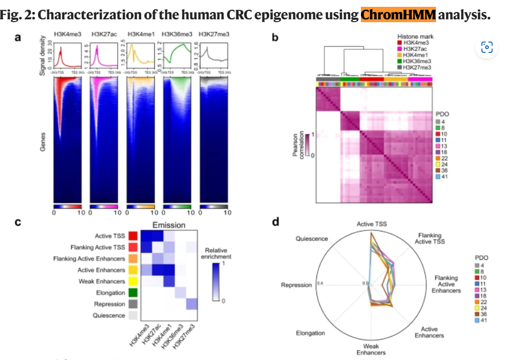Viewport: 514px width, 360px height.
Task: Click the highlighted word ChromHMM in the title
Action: coord(398,14)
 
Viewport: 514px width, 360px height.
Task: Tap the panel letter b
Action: coord(275,38)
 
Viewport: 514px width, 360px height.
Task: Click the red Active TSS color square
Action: coord(133,235)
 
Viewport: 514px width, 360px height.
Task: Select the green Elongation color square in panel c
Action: coord(133,292)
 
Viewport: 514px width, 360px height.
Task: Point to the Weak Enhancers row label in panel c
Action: coord(101,281)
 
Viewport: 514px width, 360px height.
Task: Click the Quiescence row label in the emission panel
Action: coord(109,315)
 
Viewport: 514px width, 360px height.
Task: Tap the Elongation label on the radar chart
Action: coord(310,333)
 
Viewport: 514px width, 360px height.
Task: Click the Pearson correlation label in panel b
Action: coord(297,144)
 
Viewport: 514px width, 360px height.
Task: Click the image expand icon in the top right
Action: coord(487,47)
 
